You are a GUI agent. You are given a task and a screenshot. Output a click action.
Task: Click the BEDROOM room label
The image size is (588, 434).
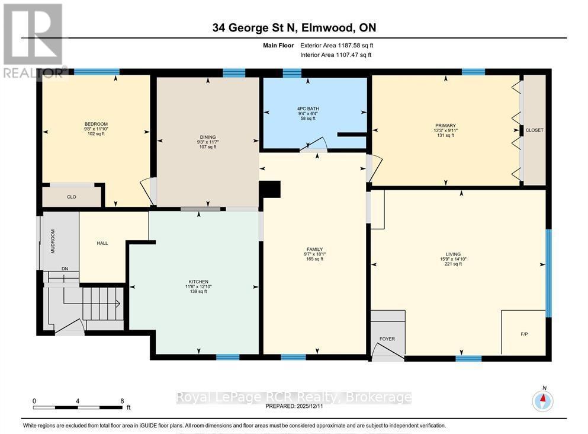(x=96, y=124)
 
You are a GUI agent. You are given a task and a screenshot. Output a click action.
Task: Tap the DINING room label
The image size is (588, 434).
(x=208, y=137)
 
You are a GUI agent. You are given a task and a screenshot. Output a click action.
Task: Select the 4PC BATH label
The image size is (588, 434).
(x=308, y=109)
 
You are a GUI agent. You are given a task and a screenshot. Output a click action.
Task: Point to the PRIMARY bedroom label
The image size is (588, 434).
(x=445, y=125)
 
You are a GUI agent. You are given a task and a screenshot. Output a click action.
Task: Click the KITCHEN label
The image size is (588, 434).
(x=198, y=282)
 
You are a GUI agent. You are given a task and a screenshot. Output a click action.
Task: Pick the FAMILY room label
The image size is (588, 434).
(x=314, y=249)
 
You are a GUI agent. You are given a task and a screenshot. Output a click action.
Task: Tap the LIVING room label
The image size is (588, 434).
(x=453, y=254)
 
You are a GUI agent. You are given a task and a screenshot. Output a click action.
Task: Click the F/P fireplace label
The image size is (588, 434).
(x=524, y=334)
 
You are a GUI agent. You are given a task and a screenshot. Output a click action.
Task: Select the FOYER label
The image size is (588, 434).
(x=387, y=339)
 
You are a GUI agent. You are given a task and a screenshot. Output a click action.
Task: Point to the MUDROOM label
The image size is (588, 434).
(x=53, y=241)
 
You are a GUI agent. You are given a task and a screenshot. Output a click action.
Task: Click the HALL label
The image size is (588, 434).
(x=102, y=243)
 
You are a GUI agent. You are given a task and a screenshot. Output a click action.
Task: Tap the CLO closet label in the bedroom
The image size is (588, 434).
(x=72, y=197)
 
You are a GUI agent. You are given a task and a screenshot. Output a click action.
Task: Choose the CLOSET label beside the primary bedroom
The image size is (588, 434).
(x=534, y=130)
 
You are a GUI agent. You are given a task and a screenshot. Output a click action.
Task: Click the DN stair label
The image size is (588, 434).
(x=65, y=269)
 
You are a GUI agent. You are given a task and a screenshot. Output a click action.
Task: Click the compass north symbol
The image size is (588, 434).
(x=542, y=401)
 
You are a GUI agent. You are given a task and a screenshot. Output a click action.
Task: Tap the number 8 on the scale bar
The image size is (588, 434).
(x=122, y=401)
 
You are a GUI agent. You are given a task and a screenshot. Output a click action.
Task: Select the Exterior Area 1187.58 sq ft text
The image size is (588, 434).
(x=337, y=46)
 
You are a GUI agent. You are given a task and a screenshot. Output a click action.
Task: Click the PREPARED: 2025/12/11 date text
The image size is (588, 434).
(x=294, y=406)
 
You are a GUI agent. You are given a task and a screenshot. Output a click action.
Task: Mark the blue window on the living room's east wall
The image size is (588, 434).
(x=549, y=273)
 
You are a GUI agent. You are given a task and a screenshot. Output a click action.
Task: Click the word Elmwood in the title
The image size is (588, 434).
(x=327, y=28)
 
